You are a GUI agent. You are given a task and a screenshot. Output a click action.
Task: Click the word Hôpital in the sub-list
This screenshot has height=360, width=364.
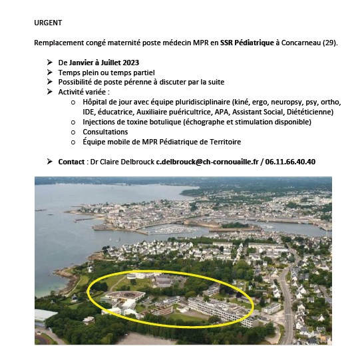pyautogui.click(x=96, y=102)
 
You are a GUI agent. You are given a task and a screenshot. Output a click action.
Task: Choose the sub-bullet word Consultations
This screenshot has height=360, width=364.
pyautogui.click(x=105, y=132)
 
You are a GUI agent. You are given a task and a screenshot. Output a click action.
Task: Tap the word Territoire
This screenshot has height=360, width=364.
pyautogui.click(x=220, y=142)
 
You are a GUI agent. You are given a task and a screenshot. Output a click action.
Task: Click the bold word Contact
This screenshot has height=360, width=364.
pyautogui.click(x=71, y=161)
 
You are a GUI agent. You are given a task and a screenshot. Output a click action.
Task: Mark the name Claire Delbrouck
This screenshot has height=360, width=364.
pyautogui.click(x=126, y=161)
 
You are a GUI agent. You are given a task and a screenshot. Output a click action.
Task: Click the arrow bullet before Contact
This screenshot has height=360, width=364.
pyautogui.click(x=50, y=161)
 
